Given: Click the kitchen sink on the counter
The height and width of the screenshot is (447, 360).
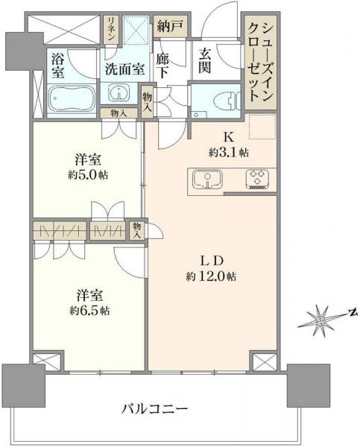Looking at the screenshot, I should (206, 179).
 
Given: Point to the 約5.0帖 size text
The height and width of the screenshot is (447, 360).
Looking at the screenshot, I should (88, 177).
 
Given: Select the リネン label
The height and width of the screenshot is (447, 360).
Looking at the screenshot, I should (111, 31).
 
